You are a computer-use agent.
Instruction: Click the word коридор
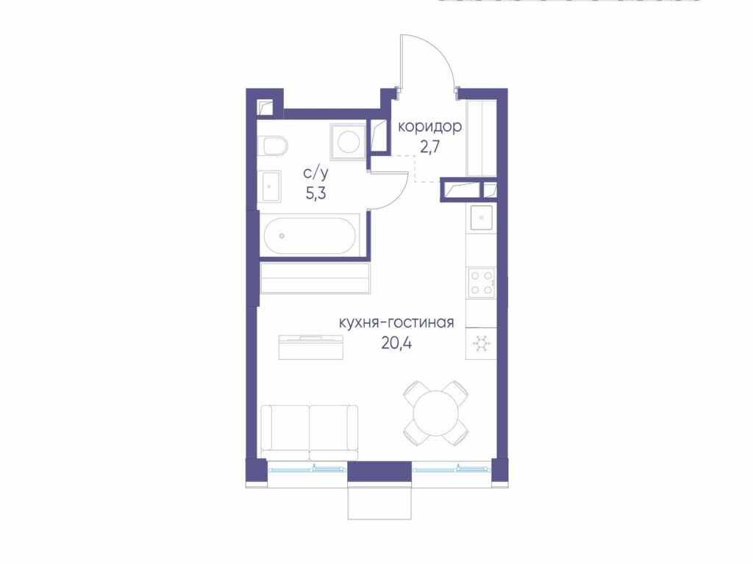(429, 127)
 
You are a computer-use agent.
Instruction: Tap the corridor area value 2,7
(429, 147)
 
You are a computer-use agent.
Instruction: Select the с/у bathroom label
(315, 173)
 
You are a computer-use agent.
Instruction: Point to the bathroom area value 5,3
(315, 193)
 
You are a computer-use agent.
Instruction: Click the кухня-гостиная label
(396, 322)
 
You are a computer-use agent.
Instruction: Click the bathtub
(310, 236)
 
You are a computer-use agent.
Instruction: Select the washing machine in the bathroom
(348, 141)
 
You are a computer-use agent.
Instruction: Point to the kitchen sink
(481, 218)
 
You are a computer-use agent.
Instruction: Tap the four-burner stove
(482, 282)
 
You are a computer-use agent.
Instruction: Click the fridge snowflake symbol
(481, 344)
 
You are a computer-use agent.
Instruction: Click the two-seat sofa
(309, 432)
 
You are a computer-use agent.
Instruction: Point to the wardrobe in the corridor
(482, 139)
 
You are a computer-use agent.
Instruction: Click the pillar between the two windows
(379, 472)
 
